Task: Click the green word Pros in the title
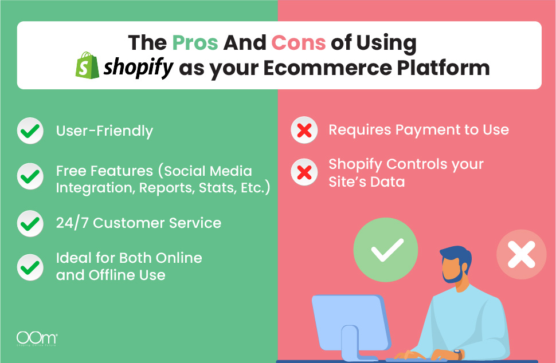(x=195, y=43)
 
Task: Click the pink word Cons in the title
(x=298, y=43)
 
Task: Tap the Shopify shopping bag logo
(x=87, y=65)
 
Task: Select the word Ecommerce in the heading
(x=327, y=68)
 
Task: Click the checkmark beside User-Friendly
(x=30, y=131)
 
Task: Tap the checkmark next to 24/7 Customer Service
(x=30, y=223)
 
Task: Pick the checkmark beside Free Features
(x=30, y=176)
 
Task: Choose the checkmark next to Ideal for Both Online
(x=30, y=267)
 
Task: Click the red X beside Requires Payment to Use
(x=304, y=130)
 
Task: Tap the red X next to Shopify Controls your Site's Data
(x=304, y=172)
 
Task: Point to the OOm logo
(x=37, y=339)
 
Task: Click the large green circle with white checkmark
(x=386, y=250)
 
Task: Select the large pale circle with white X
(x=521, y=254)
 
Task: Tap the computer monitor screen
(x=349, y=322)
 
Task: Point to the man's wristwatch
(x=458, y=354)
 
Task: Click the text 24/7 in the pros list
(x=72, y=223)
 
